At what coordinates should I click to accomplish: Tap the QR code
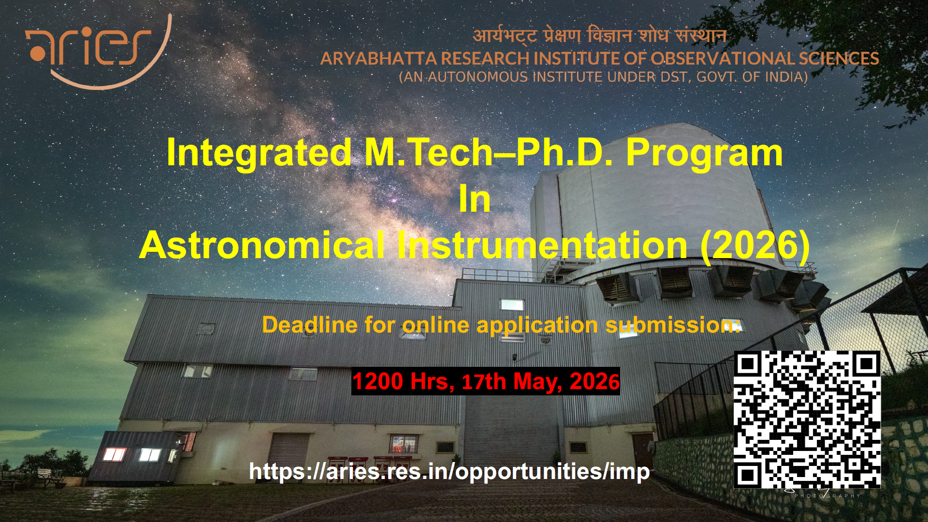tap(807, 420)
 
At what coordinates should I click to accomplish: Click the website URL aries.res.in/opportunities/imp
tap(449, 471)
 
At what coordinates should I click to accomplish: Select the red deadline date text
tap(486, 381)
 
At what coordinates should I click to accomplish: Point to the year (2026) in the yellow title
tap(755, 245)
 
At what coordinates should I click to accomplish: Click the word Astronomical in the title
tap(262, 245)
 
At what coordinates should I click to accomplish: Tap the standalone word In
tap(475, 199)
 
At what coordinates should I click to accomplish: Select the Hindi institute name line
tap(599, 35)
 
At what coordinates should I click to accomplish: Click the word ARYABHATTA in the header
tap(378, 58)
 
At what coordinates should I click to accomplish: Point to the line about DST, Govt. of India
tap(603, 77)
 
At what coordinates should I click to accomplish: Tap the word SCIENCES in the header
tap(839, 58)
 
